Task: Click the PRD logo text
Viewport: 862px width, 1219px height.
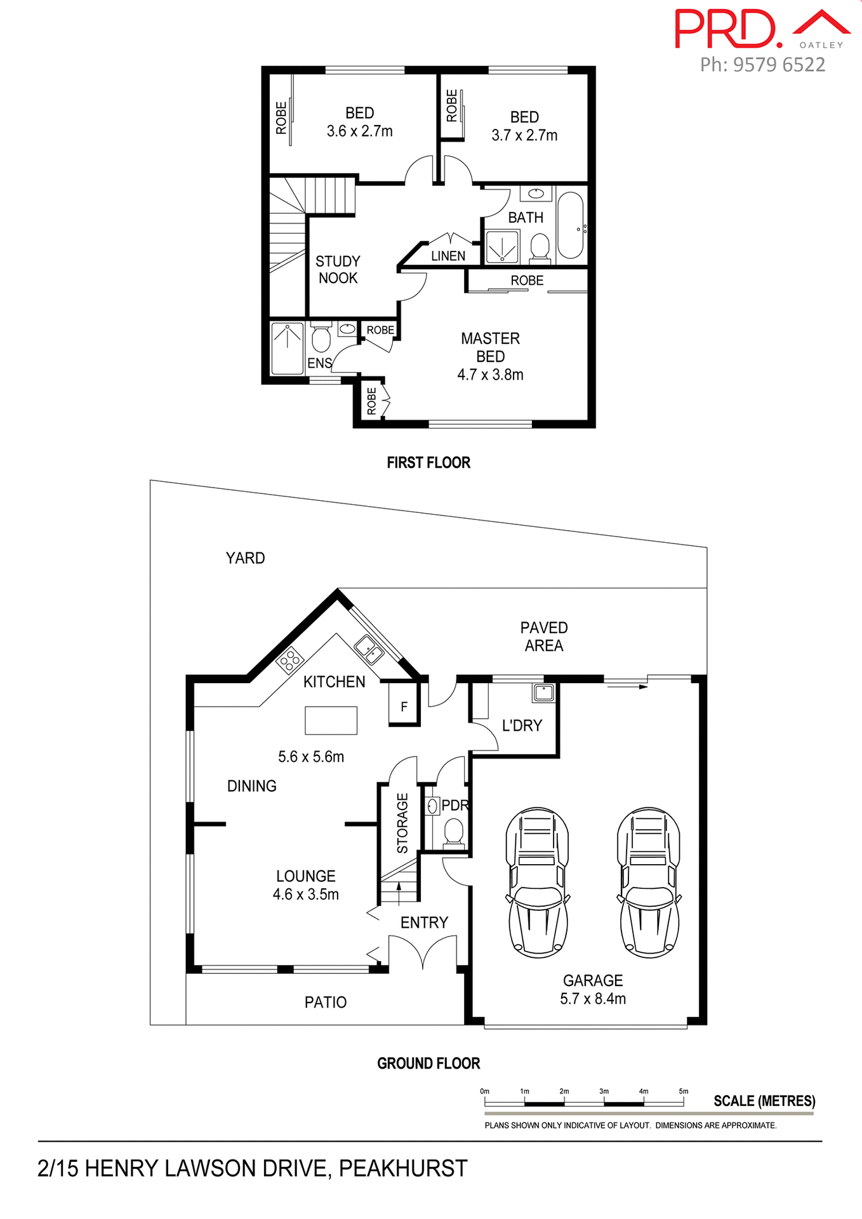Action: point(727,29)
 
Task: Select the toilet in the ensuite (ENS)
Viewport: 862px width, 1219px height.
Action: point(321,339)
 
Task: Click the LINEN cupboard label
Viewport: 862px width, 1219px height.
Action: point(448,256)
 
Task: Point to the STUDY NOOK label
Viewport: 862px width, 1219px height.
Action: point(338,270)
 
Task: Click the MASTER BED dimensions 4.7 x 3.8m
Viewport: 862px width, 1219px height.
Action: point(490,375)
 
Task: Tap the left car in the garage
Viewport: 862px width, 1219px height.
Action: point(537,883)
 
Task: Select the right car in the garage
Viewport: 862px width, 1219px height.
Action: point(649,883)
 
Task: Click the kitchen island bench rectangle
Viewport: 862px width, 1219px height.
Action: point(331,721)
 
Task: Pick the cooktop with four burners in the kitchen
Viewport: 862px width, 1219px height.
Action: point(290,660)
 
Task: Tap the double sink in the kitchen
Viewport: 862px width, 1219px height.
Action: point(368,649)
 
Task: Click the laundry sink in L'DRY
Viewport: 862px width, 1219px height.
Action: point(544,692)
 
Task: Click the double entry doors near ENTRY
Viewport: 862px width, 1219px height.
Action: point(423,953)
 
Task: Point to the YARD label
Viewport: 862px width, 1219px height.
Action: point(245,558)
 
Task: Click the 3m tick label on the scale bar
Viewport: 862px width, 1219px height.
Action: point(604,1091)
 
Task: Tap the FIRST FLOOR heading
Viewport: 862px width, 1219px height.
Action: point(428,463)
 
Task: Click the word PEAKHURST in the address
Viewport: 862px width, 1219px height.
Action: point(403,1168)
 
